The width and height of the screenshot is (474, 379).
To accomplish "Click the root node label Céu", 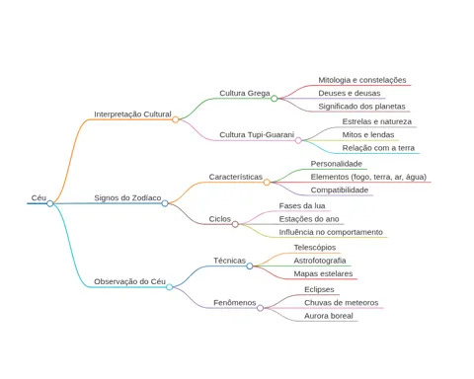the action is coord(39,198).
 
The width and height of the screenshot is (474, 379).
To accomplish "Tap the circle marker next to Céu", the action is coord(50,203).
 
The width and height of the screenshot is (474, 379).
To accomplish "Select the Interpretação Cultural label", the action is coord(132,114).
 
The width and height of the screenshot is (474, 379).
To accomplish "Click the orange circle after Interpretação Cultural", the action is coord(176,119).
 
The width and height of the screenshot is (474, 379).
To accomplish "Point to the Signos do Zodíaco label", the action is coord(127,198).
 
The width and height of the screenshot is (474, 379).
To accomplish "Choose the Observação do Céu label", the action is coord(129,281).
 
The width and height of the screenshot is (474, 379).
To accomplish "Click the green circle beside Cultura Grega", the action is coord(275,99).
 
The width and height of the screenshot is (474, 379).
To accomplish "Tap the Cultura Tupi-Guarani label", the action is coord(257,135).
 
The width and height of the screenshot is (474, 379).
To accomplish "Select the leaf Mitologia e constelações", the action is coord(362,80).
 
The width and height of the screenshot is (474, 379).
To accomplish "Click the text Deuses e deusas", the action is coord(350,93).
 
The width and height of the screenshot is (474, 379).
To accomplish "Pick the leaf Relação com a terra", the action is coord(378,148).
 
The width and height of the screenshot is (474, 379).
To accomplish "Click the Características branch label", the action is coord(236,177).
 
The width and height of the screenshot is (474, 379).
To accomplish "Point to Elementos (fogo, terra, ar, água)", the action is coord(368,177).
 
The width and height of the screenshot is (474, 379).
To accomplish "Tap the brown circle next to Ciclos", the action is coord(235,224).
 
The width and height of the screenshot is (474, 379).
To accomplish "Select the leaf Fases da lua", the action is coord(302,206).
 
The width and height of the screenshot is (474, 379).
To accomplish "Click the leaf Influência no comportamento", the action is coord(331,232).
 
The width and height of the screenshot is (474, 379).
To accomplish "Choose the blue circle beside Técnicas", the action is coord(250,266).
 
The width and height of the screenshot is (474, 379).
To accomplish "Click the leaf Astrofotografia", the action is coord(320,261).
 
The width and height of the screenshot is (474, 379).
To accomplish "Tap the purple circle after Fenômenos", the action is coord(260,308).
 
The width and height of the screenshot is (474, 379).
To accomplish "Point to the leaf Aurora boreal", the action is coord(329,316).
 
